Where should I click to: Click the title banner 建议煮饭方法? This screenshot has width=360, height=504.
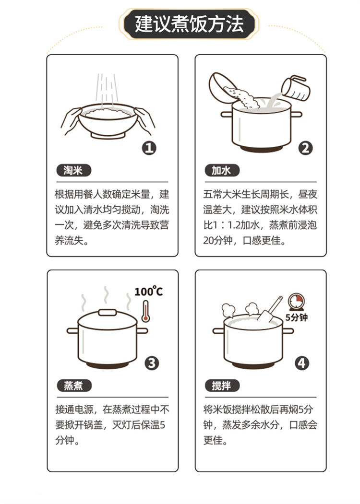pos(189,24)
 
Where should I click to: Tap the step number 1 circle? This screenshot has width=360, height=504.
pos(149,148)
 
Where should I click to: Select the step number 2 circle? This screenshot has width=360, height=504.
pos(305,148)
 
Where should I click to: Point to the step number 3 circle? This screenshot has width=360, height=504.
pos(152,363)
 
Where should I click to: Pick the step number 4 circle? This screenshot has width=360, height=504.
pos(302,363)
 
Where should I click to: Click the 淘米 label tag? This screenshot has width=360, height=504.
pos(73,170)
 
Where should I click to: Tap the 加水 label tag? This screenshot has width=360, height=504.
pos(222,170)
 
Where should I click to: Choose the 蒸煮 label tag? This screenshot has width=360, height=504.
pos(74,386)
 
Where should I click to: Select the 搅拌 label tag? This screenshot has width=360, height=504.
pos(222,386)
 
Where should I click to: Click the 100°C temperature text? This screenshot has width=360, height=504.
pos(148,291)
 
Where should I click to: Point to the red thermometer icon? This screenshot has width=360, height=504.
pos(146,311)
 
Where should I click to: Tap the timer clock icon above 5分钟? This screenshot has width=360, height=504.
pos(295,302)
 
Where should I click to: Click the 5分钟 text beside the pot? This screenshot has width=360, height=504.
pos(297,317)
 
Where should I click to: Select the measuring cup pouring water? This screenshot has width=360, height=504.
pos(296,88)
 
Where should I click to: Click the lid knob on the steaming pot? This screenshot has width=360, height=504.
pos(108,312)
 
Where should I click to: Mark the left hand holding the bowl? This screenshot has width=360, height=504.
pos(72,120)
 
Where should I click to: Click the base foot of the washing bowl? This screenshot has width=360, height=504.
pos(108,136)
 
